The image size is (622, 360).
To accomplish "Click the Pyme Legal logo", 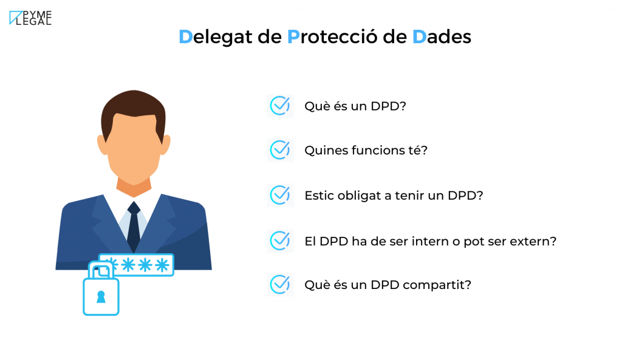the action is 30,18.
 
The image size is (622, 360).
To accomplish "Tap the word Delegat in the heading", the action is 216,37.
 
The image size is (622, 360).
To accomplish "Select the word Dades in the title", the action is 442,36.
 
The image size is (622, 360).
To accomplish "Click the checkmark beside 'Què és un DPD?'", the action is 280,106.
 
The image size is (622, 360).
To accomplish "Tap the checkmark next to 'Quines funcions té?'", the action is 280,151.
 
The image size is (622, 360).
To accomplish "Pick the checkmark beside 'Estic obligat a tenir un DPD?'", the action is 280,195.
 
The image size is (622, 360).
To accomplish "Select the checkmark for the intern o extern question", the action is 280,241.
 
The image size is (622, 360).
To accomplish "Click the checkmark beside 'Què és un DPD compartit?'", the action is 280,285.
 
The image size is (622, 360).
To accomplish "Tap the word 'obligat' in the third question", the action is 359,196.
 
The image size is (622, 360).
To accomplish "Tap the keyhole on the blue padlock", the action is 101,297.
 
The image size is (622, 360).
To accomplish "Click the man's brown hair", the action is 133,109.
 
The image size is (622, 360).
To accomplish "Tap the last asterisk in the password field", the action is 162,265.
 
